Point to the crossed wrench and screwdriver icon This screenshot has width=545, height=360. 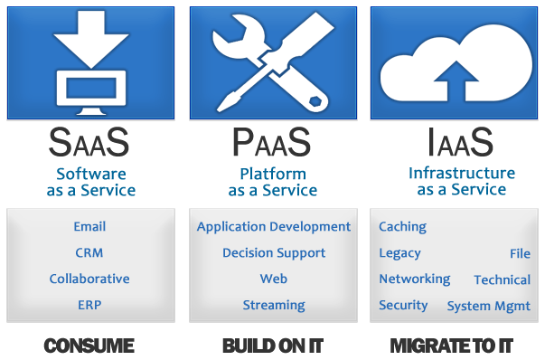pos(272,62)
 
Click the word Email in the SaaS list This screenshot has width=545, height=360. pos(89,227)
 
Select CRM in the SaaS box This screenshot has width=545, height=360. pos(89,253)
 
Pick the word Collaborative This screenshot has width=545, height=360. pos(89,279)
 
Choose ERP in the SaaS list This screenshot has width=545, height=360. pos(89,305)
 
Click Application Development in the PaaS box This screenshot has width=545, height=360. pos(273,227)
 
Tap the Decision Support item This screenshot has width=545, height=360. pos(273,253)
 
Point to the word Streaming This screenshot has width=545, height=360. pos(273,305)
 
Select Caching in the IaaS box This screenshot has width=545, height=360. pos(402,227)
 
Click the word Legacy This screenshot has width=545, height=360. pos(399,253)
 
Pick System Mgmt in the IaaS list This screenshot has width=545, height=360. pos(488,306)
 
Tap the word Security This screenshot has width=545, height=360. pos(403,305)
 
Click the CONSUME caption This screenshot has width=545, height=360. pos(89,346)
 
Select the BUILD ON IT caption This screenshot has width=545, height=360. pos(272,346)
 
